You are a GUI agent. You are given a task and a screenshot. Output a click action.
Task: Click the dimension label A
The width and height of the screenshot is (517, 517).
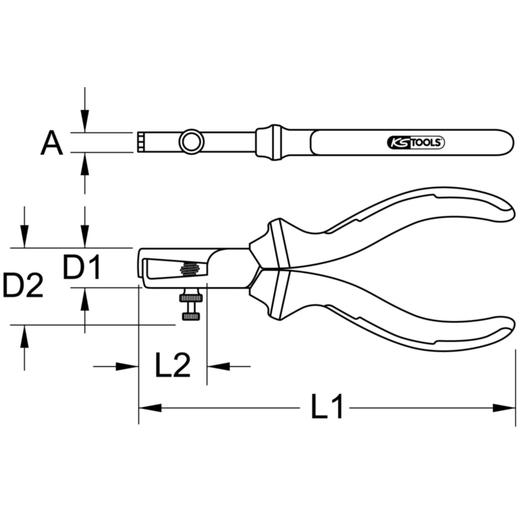click(52, 143)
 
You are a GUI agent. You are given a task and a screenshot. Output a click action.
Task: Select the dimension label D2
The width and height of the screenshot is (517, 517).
click(23, 285)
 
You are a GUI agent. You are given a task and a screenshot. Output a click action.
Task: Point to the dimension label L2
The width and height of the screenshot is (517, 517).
click(173, 366)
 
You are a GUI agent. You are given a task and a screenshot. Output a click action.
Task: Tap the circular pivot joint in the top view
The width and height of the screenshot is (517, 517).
click(192, 142)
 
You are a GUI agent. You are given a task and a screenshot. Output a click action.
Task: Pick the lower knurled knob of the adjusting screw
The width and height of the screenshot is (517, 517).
click(191, 317)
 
